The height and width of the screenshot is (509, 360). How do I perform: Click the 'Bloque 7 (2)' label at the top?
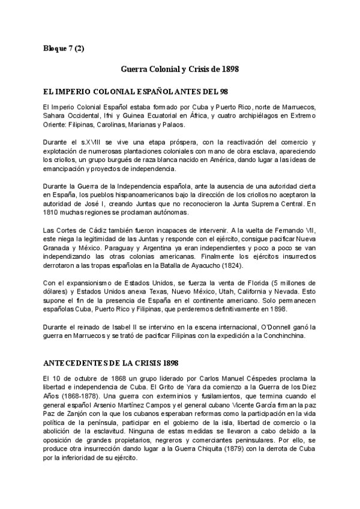[x=64, y=48]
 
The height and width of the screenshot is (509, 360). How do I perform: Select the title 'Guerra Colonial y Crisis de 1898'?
[x=180, y=69]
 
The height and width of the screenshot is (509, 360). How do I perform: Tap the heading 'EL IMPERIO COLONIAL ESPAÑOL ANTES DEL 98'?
[x=132, y=91]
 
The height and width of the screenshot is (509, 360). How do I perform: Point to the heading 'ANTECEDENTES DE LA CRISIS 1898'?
[x=112, y=364]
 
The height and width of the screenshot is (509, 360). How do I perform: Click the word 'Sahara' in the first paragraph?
[x=49, y=116]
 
